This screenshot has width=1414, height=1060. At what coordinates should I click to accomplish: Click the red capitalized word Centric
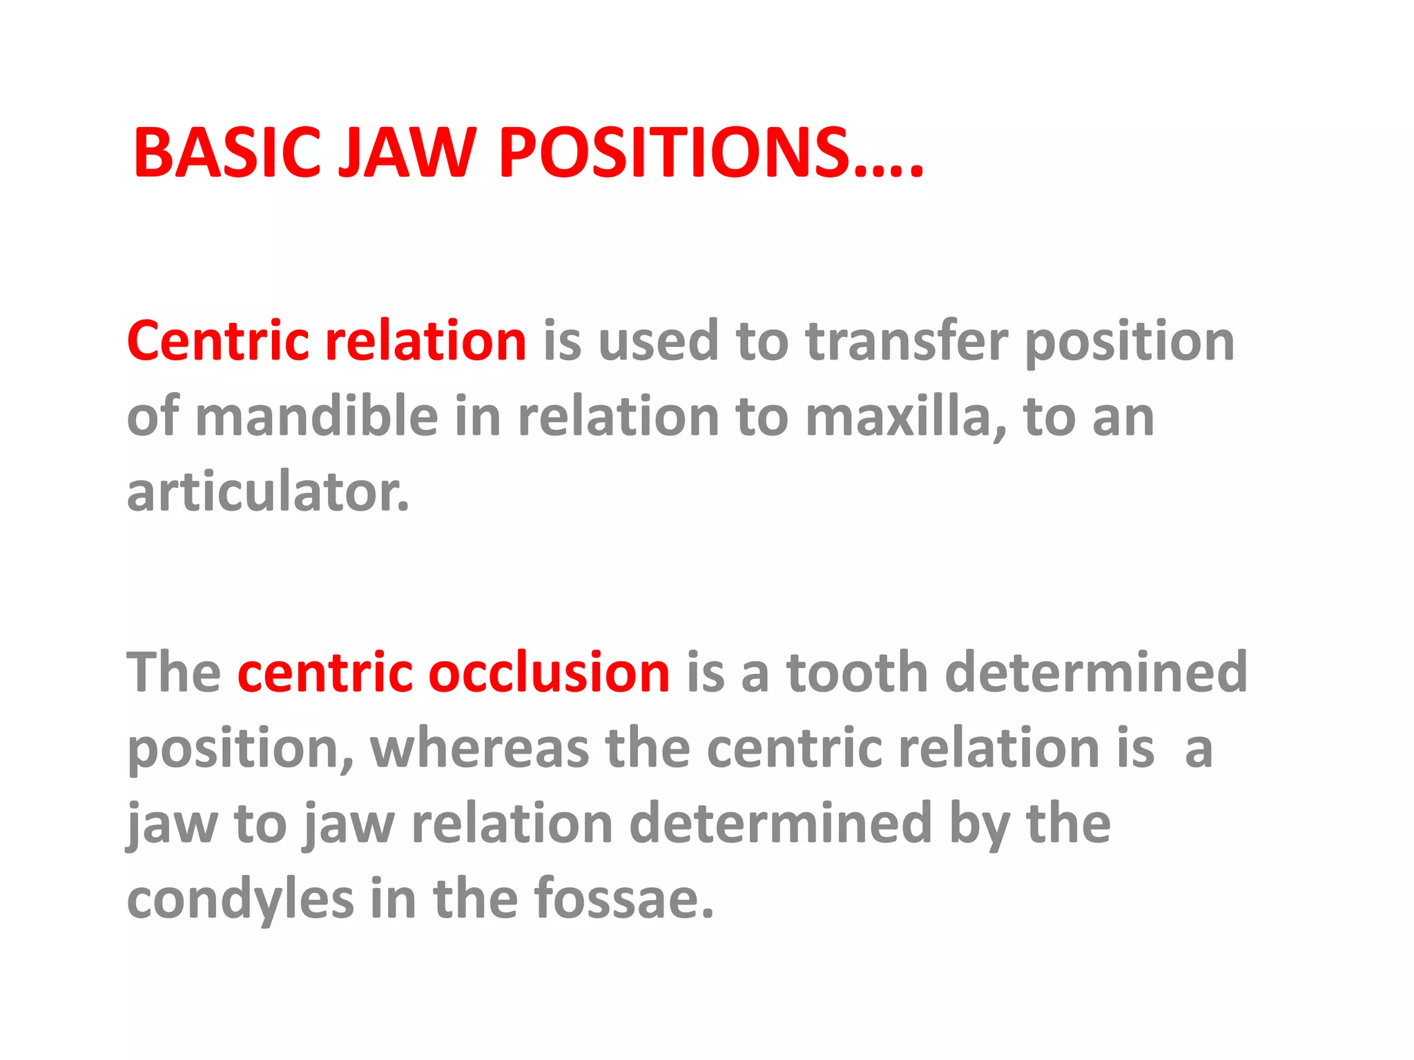(218, 341)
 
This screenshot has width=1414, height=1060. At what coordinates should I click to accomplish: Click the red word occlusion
(548, 672)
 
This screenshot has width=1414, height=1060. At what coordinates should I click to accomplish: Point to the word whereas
(479, 748)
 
